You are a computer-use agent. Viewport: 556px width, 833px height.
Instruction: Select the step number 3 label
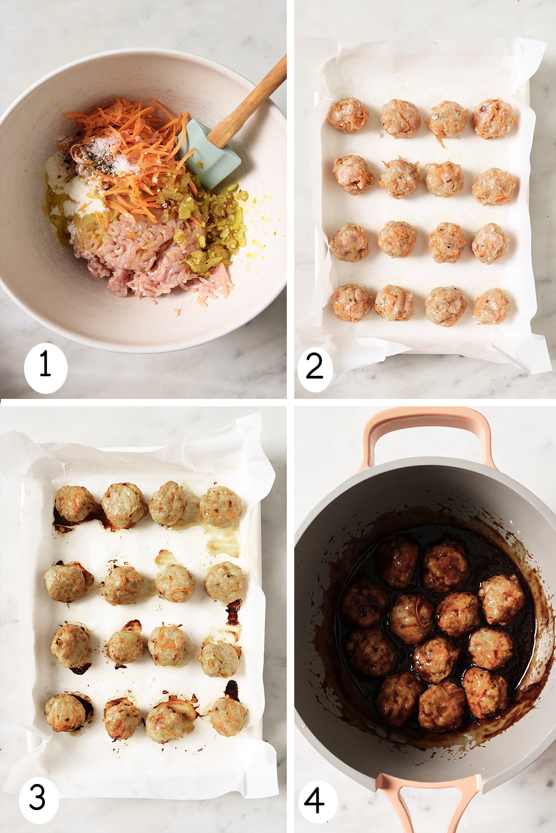coord(38,797)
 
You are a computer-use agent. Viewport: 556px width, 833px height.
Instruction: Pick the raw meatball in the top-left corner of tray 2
coord(347,115)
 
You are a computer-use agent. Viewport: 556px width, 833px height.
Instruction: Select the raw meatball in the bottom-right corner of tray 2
coord(491,306)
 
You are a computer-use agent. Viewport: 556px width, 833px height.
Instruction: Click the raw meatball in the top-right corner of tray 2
coord(493,118)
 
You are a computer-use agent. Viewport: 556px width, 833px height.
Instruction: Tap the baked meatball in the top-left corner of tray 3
coord(74,504)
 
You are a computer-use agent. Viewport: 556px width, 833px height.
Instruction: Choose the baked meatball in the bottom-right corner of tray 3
coord(227,716)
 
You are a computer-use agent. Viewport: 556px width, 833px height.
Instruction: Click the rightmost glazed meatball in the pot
coord(502,600)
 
